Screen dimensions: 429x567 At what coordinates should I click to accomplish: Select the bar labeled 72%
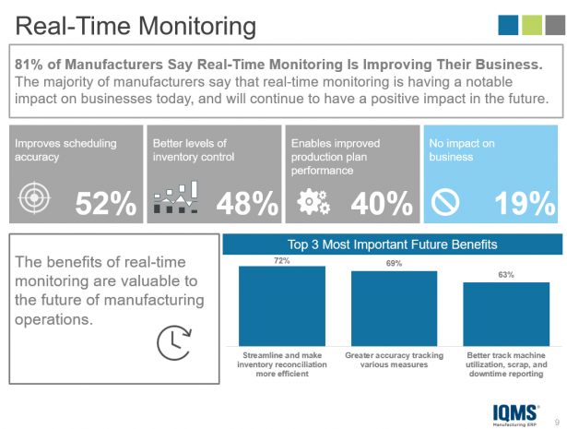[282, 305]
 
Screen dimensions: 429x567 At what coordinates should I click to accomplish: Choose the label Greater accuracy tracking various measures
[394, 360]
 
